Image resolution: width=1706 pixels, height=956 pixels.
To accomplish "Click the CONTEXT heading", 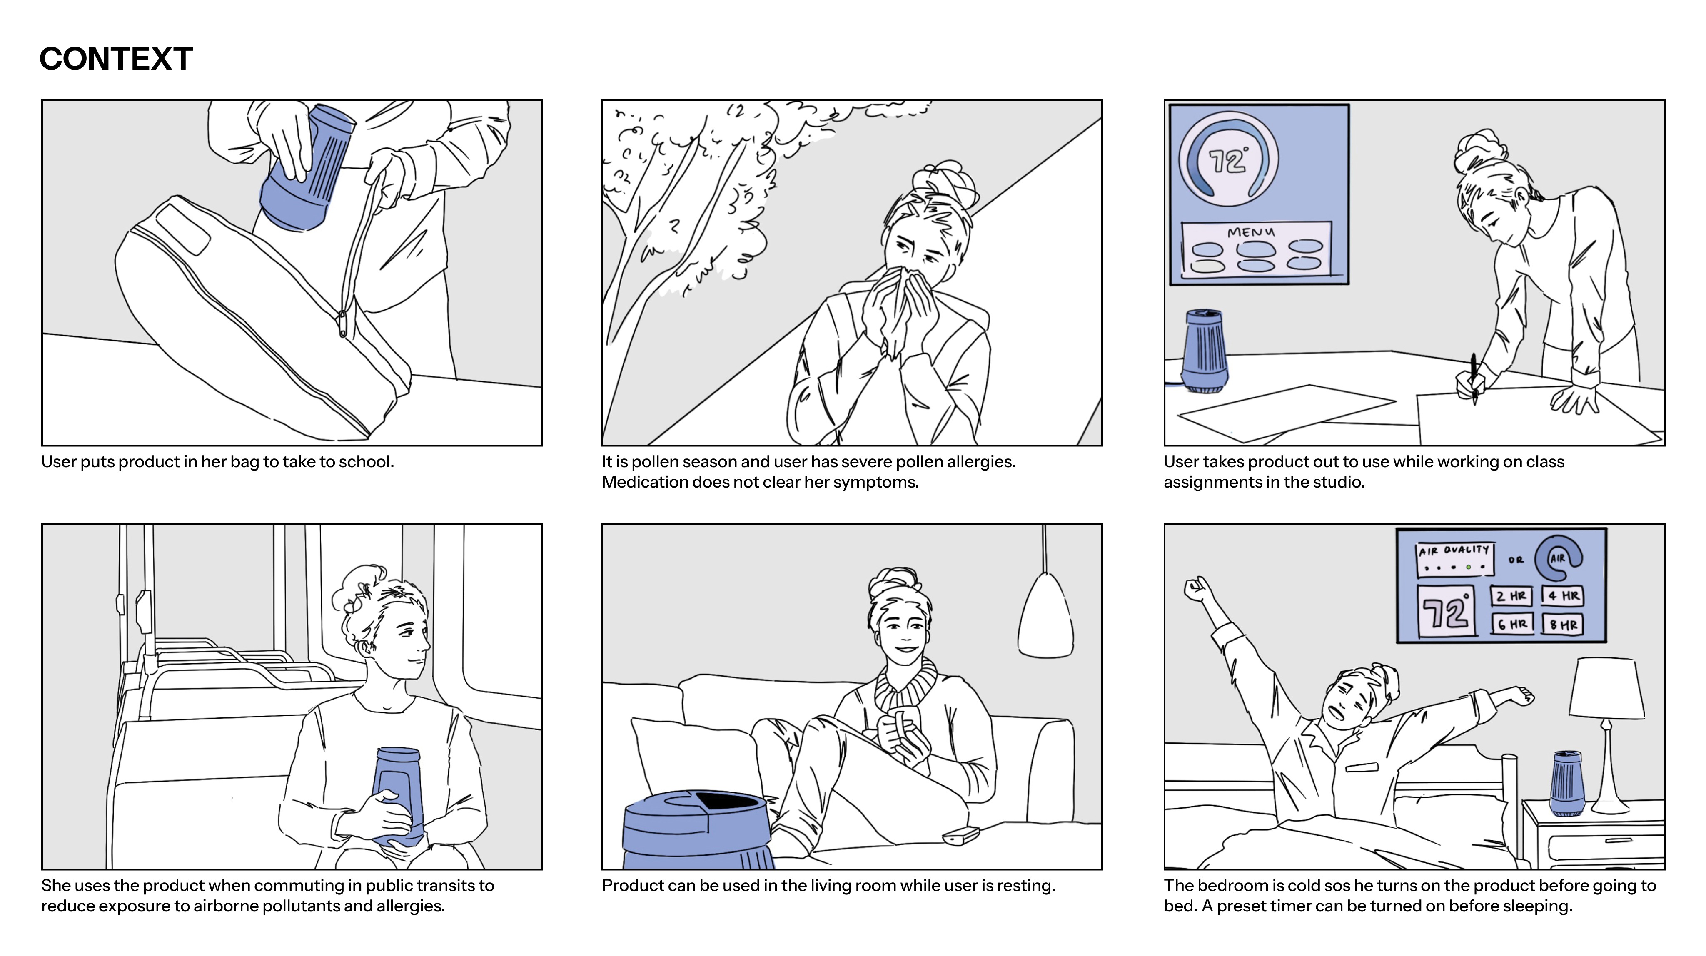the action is tap(116, 59).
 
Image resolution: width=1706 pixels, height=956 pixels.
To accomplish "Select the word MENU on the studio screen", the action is tap(1250, 232).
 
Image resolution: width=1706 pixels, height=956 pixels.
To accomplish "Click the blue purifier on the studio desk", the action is tap(1204, 351).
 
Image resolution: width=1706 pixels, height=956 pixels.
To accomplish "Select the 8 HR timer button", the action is tap(1563, 624).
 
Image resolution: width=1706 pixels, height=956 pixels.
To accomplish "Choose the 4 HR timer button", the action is tap(1563, 596).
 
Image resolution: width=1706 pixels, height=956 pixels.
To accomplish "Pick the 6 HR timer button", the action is tap(1512, 624).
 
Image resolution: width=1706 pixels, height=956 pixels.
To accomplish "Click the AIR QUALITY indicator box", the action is tap(1454, 560).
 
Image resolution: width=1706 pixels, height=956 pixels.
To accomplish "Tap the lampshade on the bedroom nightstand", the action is tap(1606, 689).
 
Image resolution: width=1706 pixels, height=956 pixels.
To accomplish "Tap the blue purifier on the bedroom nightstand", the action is tap(1566, 784).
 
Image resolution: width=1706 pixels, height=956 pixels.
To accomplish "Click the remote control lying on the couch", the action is tap(960, 836).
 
